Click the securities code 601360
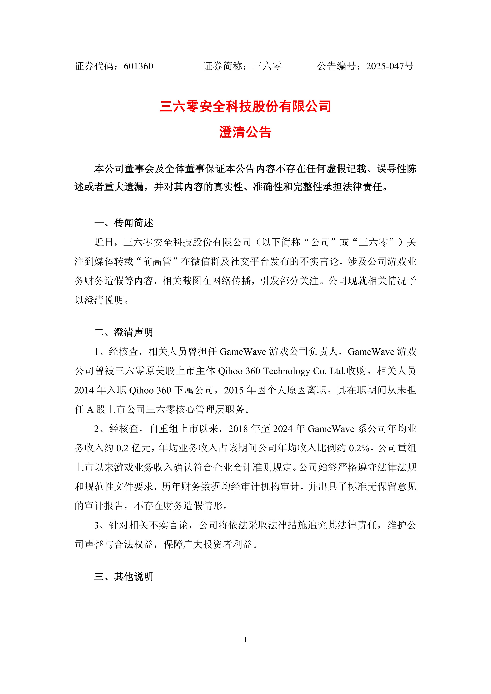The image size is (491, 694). pyautogui.click(x=138, y=66)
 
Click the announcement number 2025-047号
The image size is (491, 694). pyautogui.click(x=389, y=66)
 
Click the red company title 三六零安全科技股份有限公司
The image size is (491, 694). pyautogui.click(x=245, y=107)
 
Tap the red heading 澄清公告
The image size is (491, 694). pyautogui.click(x=245, y=132)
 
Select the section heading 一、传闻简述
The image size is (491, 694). pyautogui.click(x=124, y=223)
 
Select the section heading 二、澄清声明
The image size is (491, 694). pyautogui.click(x=124, y=332)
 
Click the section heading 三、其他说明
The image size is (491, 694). pyautogui.click(x=124, y=576)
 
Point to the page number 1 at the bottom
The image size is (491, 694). pyautogui.click(x=245, y=640)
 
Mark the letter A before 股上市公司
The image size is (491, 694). pyautogui.click(x=90, y=410)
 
